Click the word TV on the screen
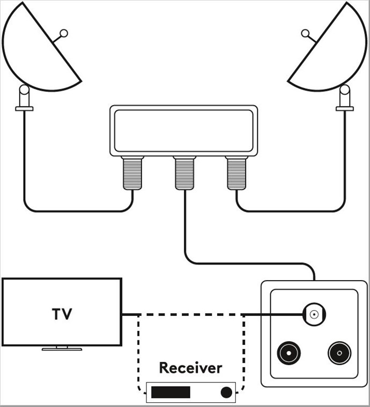[62, 314]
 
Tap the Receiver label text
[190, 368]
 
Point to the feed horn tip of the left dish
[64, 33]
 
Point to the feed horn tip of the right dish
[305, 34]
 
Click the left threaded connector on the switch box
[132, 173]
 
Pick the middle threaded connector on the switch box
[184, 173]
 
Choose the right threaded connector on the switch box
[236, 173]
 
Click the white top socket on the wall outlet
[314, 314]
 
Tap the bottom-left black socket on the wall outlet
[288, 353]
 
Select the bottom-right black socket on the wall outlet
[339, 353]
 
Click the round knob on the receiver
[226, 393]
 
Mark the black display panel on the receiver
[171, 393]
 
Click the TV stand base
[62, 349]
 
